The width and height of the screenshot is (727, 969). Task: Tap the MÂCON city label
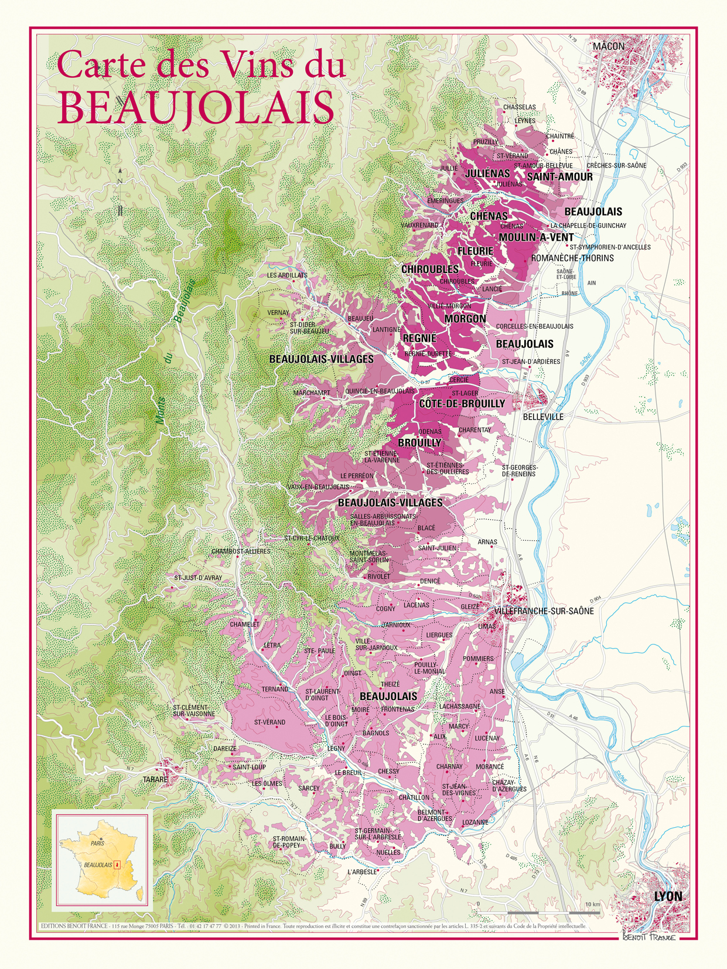point(609,46)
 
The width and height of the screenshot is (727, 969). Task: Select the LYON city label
point(668,897)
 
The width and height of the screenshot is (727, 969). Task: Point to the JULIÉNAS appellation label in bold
point(487,174)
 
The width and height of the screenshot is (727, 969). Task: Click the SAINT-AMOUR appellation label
point(559,177)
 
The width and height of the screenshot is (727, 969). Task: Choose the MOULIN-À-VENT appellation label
point(536,237)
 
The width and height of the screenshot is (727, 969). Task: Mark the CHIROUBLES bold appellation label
point(430,269)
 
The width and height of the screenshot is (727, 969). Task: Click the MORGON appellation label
point(465,319)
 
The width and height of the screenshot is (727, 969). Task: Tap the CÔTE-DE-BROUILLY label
point(462,404)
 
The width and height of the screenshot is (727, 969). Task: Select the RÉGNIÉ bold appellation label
point(419,339)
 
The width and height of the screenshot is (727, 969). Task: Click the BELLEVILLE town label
point(543,417)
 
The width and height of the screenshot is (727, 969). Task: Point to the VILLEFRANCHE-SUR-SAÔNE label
point(544,611)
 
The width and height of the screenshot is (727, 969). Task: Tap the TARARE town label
point(155,780)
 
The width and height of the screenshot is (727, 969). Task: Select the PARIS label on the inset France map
point(97,843)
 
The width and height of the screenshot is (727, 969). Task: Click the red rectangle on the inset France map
point(117,865)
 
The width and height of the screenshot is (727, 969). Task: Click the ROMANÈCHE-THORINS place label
point(572,258)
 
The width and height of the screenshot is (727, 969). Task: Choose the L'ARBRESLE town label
point(362,872)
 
